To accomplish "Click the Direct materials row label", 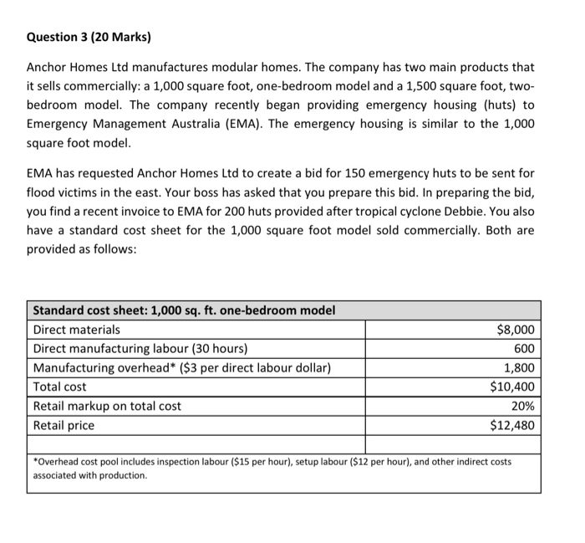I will point(76,330).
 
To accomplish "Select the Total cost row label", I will point(59,387).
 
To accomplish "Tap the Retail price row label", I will point(64,425).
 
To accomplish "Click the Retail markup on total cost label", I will point(107,407).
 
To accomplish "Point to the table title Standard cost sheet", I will point(184,310).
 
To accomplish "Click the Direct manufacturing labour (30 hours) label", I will point(140,349).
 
